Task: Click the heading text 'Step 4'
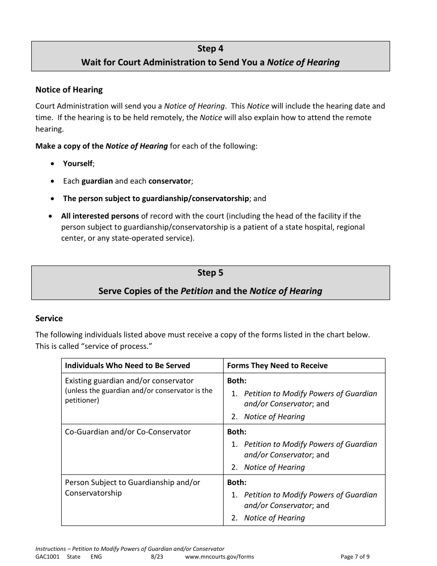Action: [210, 49]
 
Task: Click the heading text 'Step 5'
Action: [210, 273]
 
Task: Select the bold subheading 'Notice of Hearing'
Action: [69, 90]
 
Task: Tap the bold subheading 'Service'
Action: [49, 318]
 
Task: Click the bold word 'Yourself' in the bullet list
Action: [78, 163]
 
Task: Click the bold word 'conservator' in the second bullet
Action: [169, 181]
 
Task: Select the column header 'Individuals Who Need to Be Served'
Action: [127, 365]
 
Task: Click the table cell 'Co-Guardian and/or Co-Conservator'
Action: [128, 432]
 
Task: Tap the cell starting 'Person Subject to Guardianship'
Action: [132, 487]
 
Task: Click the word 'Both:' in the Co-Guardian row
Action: [237, 432]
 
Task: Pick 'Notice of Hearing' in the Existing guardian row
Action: [274, 416]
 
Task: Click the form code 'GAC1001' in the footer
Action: [47, 556]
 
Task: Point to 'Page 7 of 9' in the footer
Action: [355, 556]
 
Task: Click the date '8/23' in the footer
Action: [157, 556]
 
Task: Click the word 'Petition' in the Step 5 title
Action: [196, 291]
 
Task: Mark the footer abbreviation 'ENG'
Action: [96, 556]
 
